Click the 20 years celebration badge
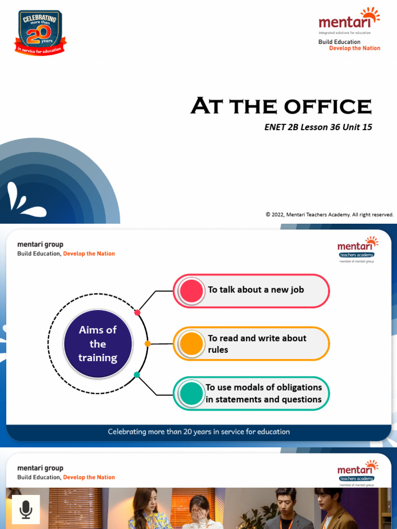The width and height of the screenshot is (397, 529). coord(40,33)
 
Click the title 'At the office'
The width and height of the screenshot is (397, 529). coord(281,106)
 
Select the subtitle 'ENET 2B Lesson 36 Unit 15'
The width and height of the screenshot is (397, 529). coord(318,127)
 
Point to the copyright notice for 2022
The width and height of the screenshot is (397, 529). coord(329,214)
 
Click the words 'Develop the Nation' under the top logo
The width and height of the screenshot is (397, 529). coord(355,49)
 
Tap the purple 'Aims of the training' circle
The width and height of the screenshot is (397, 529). coord(98,344)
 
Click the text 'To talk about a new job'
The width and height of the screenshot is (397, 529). coord(256,290)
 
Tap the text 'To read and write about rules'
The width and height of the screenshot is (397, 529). coord(257,344)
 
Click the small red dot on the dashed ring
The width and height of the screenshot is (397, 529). coord(137,313)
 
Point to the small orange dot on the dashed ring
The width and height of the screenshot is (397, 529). coord(148,344)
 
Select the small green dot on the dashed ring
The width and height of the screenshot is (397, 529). coord(137,375)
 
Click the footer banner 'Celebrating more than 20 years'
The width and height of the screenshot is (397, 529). coord(198,432)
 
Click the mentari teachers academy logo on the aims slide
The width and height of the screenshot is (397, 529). coord(357,250)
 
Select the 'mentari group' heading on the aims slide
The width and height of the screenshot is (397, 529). coord(40,244)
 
